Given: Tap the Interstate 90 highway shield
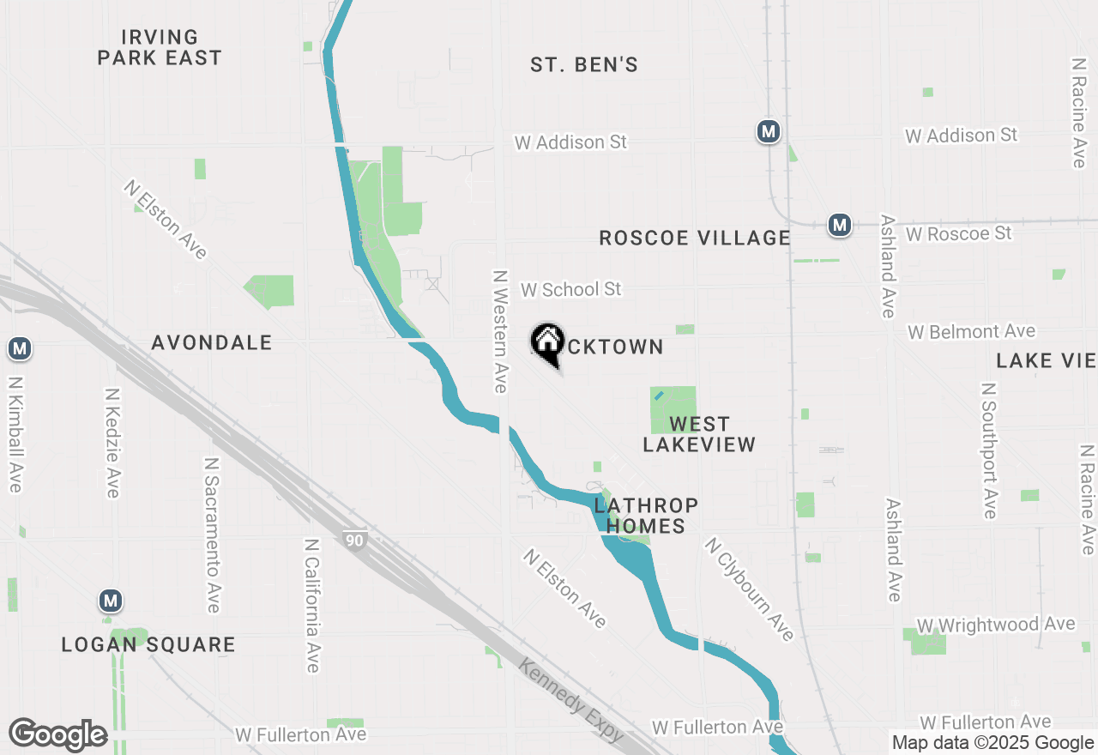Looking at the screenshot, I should [354, 540].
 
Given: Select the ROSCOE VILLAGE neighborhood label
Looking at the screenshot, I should [695, 238].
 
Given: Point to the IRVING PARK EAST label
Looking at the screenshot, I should [160, 48].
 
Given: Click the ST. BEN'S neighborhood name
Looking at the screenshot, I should [584, 65].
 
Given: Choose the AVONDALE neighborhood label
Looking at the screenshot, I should [212, 343].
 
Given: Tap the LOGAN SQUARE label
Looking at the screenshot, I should [148, 644].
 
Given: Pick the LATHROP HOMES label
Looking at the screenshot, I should [646, 516].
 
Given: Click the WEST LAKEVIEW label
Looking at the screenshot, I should [699, 434].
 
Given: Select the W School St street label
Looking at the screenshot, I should [570, 290].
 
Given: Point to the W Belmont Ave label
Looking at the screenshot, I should [972, 331].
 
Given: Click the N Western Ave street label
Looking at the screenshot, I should [501, 332].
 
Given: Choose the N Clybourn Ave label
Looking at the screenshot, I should [750, 589].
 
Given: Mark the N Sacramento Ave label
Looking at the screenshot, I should [212, 535].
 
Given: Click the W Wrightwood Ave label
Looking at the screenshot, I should [996, 625].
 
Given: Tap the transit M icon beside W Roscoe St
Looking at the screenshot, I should [840, 226].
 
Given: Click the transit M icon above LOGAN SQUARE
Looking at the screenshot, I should [110, 601].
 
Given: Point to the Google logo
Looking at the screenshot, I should [57, 735].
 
